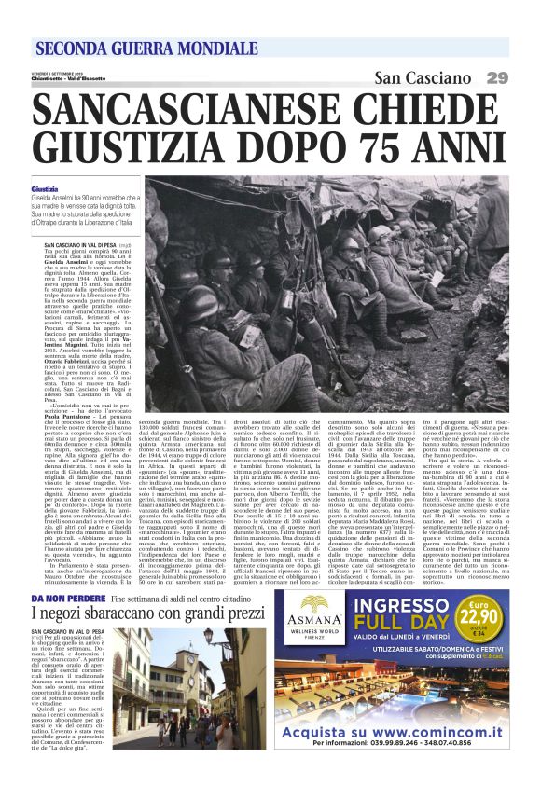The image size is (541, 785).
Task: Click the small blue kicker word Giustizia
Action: coord(44,189)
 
